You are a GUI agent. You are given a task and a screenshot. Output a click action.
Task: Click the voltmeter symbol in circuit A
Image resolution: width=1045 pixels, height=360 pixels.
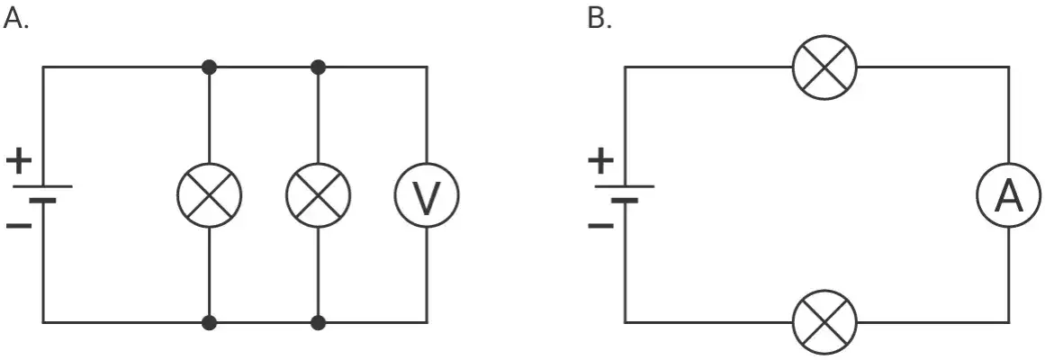(427, 194)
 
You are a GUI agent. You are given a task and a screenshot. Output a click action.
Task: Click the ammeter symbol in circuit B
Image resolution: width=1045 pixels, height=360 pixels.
(1008, 194)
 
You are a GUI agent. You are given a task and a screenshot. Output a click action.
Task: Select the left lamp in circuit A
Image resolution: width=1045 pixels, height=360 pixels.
(209, 194)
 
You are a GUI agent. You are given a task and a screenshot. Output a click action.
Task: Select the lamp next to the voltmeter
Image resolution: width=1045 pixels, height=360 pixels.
(319, 194)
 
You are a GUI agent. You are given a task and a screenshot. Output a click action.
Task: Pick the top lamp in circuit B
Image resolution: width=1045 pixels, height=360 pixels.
(824, 67)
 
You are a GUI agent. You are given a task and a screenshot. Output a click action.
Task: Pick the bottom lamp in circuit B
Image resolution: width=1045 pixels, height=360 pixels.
(824, 323)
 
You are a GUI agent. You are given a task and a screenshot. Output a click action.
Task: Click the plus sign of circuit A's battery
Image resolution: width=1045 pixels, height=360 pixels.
(19, 161)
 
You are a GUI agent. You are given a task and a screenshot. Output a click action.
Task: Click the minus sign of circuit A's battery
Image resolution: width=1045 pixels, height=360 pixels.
(19, 225)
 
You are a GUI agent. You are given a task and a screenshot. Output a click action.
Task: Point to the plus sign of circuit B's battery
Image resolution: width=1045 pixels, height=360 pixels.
(600, 161)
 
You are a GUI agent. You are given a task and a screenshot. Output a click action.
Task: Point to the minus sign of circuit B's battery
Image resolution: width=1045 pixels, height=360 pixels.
(600, 225)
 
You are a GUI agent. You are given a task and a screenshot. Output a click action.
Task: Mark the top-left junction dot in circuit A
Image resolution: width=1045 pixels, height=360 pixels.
(209, 67)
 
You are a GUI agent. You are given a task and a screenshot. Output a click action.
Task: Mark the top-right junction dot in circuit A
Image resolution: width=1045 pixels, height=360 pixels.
(319, 67)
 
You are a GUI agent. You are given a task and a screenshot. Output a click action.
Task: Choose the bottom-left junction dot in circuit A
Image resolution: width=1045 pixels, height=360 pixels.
(209, 323)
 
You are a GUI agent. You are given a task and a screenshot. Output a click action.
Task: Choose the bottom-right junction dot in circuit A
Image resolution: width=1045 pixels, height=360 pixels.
(319, 323)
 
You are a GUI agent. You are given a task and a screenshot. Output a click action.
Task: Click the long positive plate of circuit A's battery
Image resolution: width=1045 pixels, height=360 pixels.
(42, 186)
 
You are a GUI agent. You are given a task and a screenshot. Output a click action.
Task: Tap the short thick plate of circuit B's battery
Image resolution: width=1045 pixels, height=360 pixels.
(625, 200)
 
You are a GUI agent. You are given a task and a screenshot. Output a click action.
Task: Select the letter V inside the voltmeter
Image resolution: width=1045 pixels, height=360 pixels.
(427, 196)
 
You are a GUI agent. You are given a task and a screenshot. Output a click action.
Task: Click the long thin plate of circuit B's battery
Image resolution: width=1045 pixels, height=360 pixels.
(625, 186)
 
